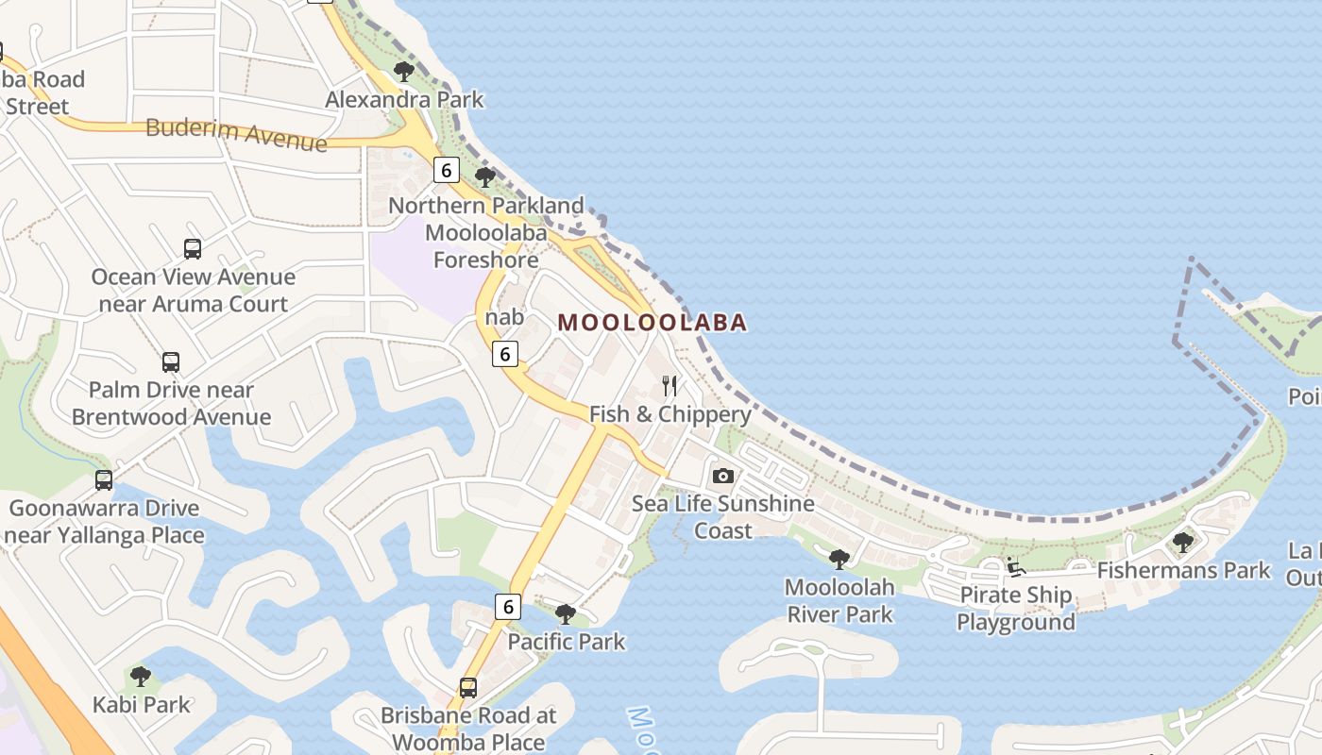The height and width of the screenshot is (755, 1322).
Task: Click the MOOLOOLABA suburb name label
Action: click(652, 323)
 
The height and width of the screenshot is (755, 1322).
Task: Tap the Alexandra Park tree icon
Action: click(404, 71)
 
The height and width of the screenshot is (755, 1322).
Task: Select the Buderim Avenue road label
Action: click(236, 134)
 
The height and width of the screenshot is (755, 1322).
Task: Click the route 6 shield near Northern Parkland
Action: click(446, 170)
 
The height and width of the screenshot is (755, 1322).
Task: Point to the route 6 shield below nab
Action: click(505, 354)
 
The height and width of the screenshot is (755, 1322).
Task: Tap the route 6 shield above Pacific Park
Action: click(507, 606)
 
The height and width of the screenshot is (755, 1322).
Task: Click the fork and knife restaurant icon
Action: click(669, 385)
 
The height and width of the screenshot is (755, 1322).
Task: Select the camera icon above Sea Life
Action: click(722, 476)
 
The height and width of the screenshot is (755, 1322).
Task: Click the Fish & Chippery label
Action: click(670, 414)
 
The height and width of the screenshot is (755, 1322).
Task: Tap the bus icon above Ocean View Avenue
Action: click(193, 249)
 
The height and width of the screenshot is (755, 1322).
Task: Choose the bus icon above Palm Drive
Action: click(171, 362)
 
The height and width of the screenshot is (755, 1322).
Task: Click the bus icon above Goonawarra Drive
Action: click(104, 480)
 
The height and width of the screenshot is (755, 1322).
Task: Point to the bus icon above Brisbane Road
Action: click(467, 687)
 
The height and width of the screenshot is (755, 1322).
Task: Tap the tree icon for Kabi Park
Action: click(141, 676)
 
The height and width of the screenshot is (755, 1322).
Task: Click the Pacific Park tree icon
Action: click(566, 614)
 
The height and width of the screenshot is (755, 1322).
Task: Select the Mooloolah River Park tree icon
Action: click(839, 560)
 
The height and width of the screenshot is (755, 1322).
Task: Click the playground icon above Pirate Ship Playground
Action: click(1015, 567)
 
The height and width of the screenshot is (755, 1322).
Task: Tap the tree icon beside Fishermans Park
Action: click(1182, 542)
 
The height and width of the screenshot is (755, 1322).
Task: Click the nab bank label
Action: click(504, 318)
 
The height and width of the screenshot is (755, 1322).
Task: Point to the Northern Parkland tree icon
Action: click(485, 176)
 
